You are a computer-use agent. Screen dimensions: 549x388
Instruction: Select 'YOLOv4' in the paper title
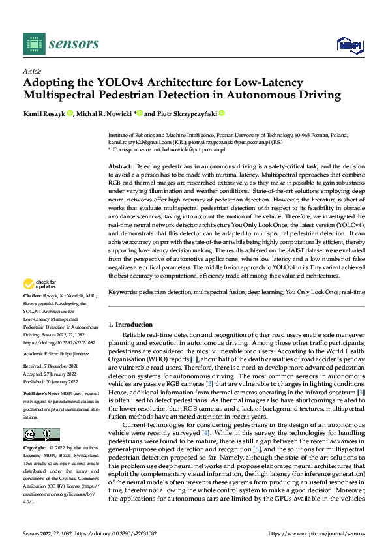point(109,83)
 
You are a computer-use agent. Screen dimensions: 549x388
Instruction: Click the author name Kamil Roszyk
point(44,113)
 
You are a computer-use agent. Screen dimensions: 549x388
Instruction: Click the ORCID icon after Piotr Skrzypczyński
point(222,113)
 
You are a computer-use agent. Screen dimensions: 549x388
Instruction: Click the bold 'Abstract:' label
point(121,167)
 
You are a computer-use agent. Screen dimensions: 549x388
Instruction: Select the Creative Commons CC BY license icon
point(41,435)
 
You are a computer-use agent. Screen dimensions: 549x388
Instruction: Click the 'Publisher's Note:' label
point(40,396)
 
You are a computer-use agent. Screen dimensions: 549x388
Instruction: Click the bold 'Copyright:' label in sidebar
point(35,449)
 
